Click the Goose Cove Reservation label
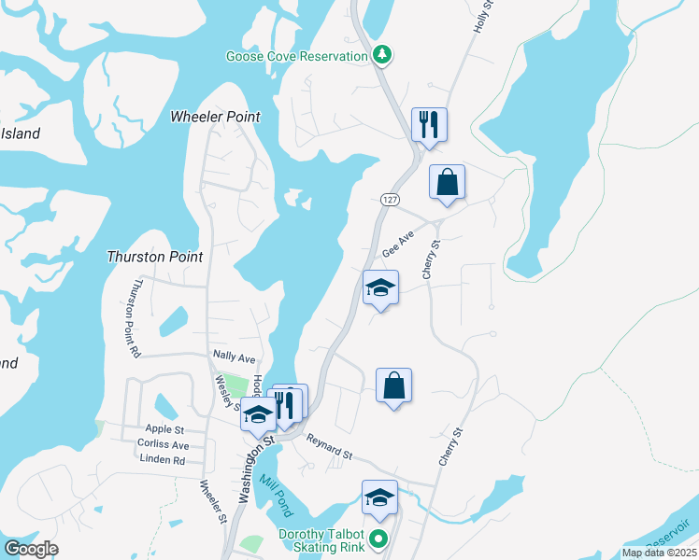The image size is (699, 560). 296,56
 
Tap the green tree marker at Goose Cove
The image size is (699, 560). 381,55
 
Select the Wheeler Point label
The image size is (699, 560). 215,117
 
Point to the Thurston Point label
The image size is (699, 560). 155,256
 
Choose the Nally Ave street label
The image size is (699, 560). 234,357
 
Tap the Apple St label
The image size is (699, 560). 165,429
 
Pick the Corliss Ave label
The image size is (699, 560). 163,444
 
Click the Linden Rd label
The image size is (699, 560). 162,459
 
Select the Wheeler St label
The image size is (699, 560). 214,501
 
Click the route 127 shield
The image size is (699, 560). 391,200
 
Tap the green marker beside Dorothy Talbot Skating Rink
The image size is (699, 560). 378,539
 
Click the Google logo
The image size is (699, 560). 31,549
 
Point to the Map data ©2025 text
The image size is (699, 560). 659,553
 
